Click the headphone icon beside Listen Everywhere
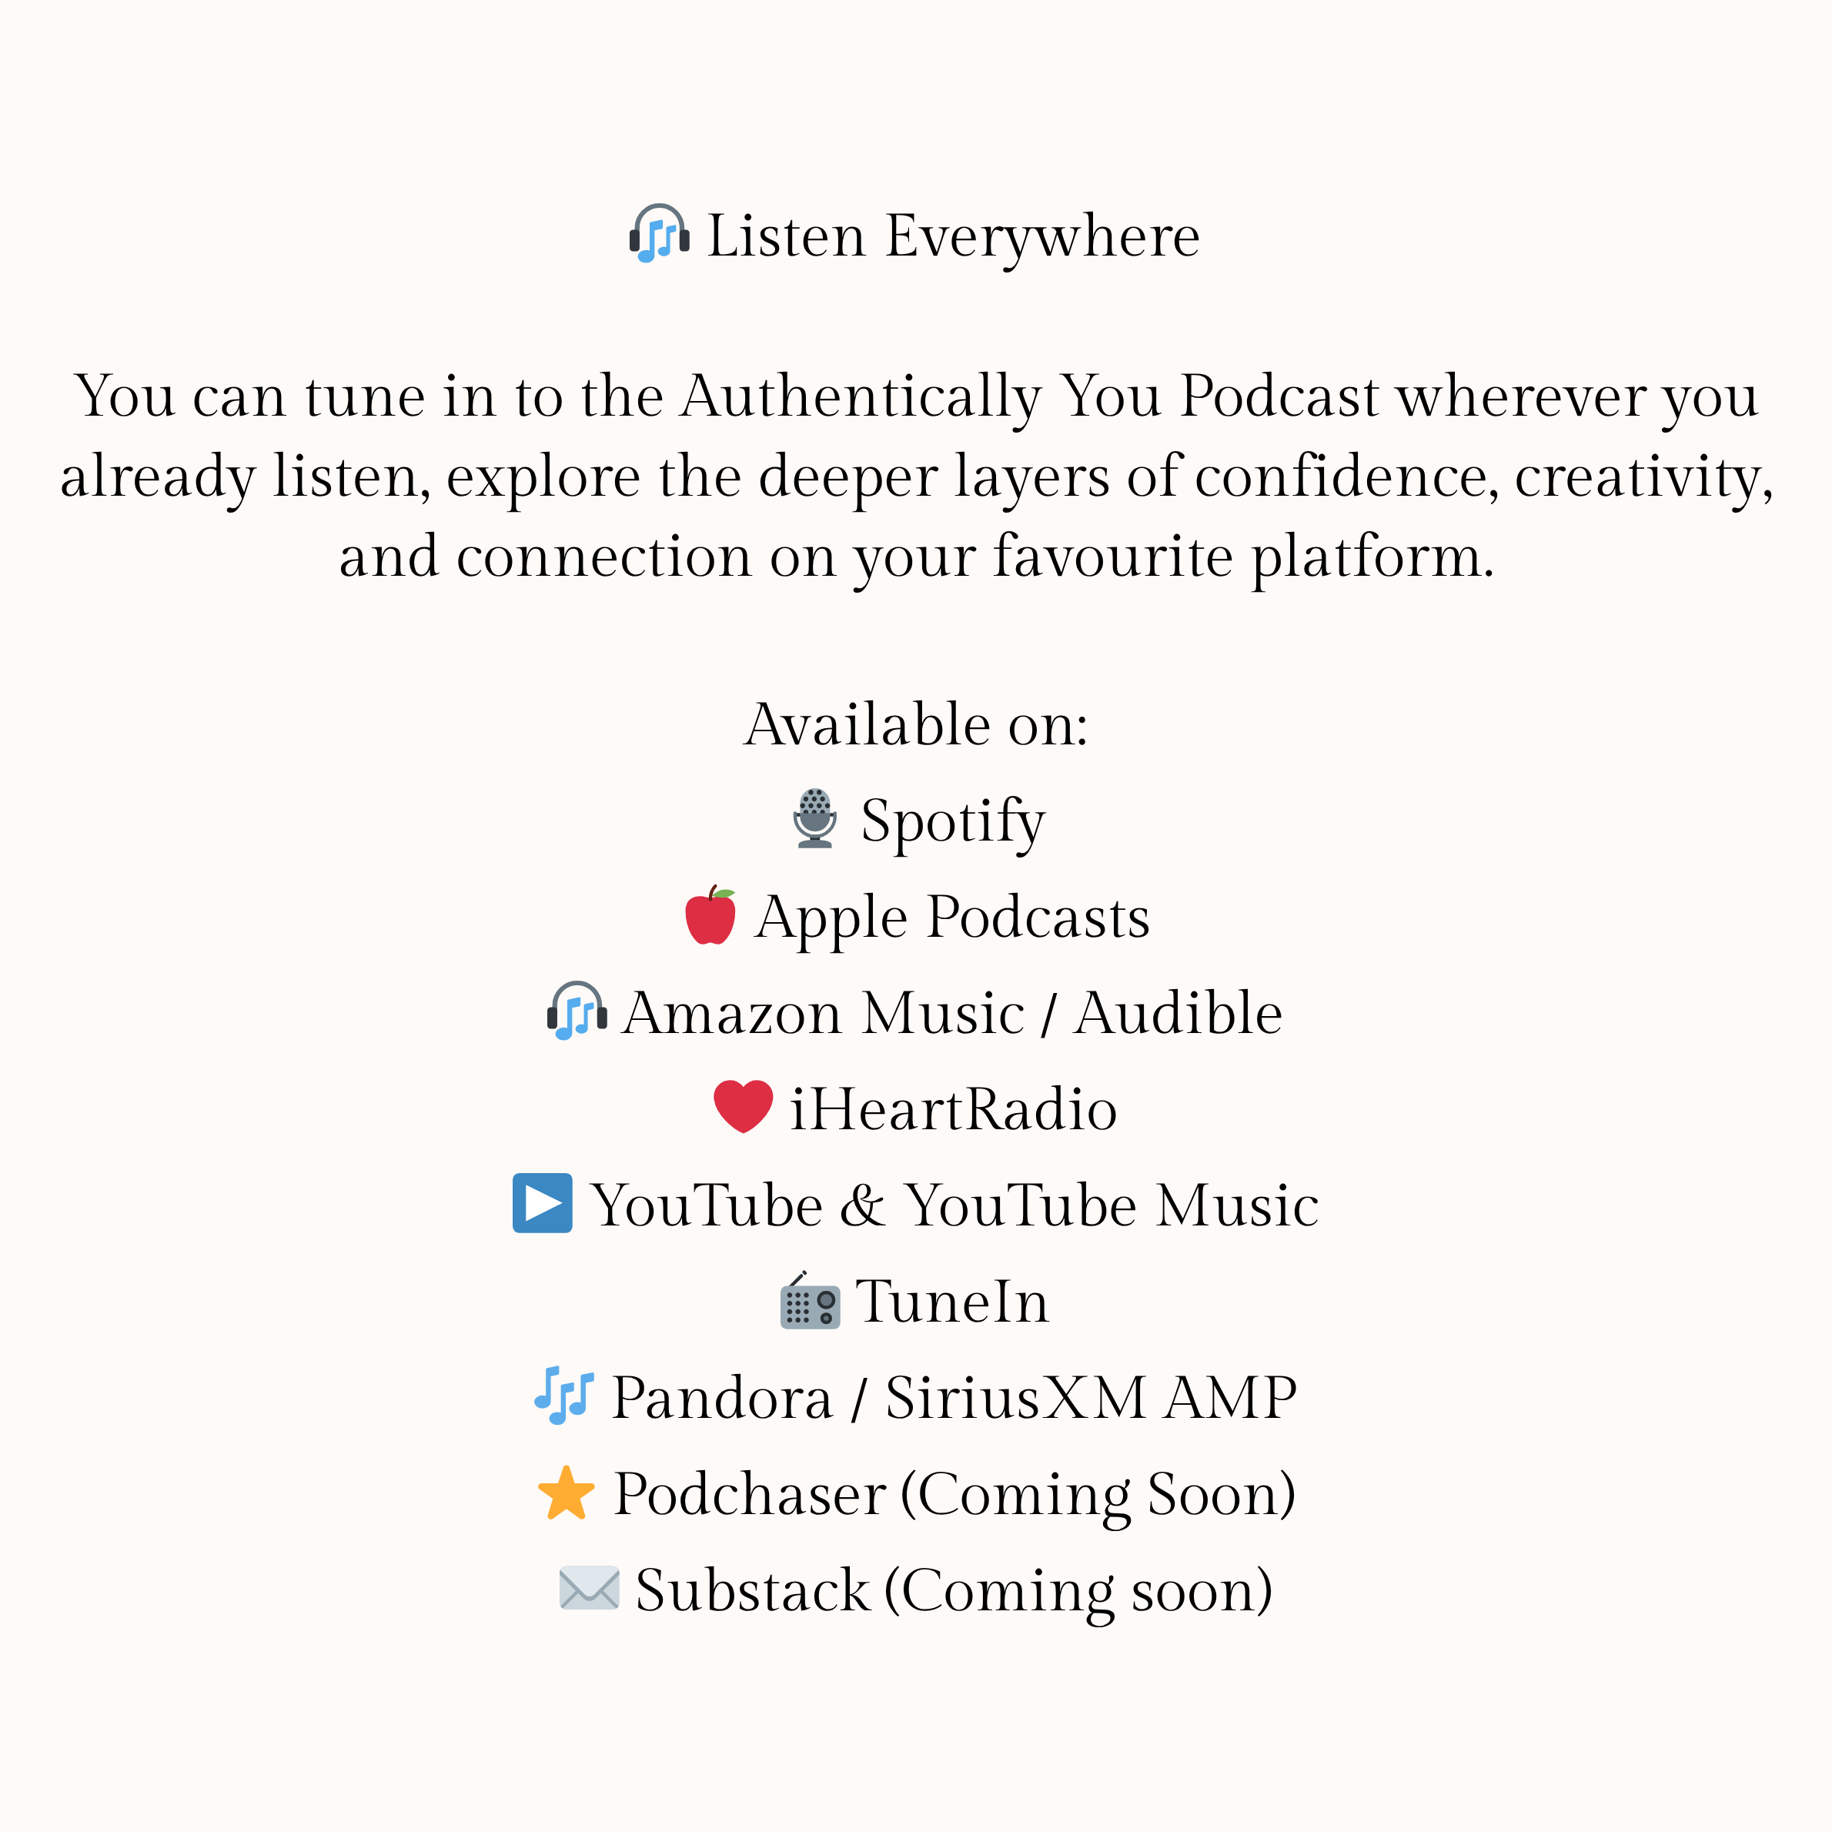659,233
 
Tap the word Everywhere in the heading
1042,237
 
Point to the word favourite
1113,556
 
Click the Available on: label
916,724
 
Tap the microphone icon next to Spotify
814,818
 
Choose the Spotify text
953,823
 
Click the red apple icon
710,915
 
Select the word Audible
1178,1013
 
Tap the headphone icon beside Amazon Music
577,1011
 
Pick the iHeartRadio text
954,1109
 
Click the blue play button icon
543,1203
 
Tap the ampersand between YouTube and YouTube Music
863,1205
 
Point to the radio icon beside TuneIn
810,1300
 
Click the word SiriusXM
1015,1398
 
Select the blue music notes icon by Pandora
564,1396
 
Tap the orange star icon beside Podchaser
566,1493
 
